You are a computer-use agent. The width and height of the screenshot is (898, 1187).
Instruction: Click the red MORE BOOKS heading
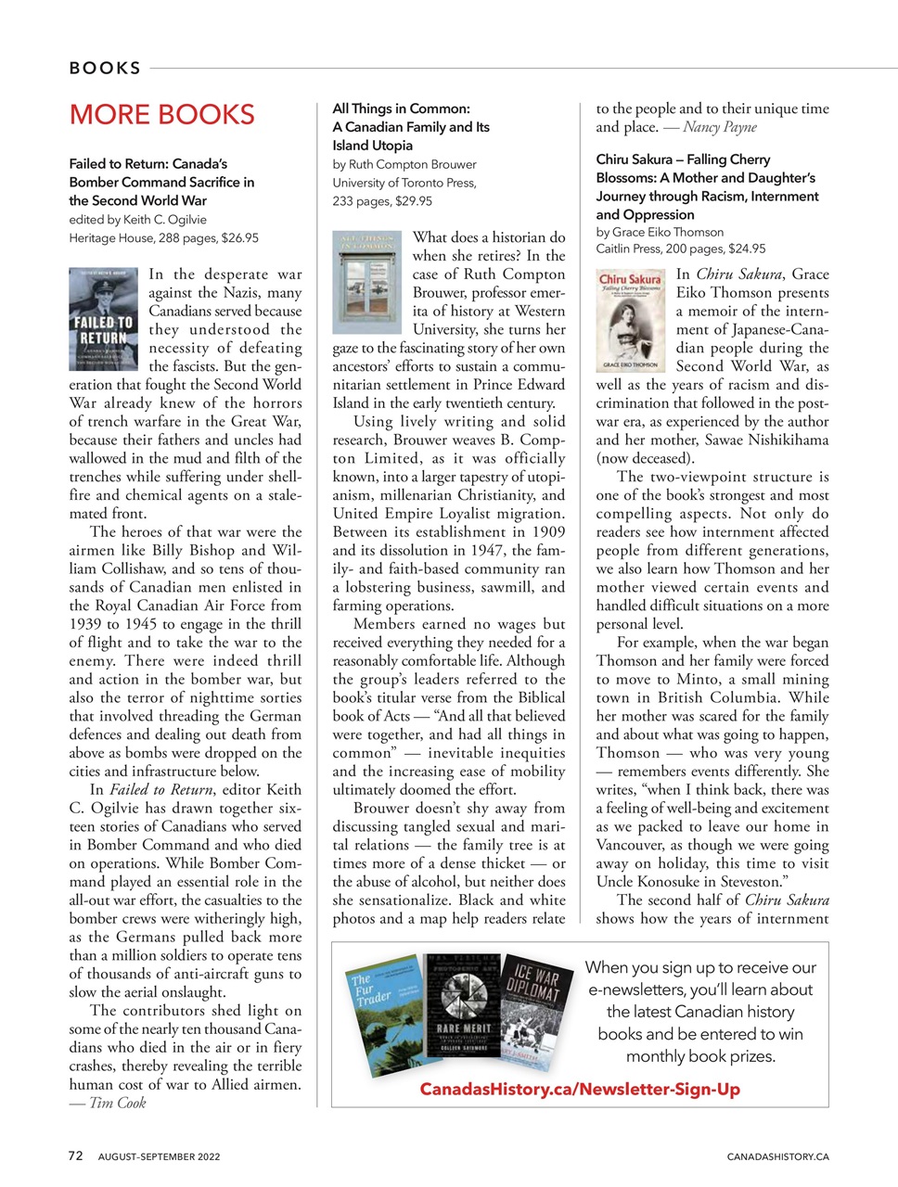[161, 115]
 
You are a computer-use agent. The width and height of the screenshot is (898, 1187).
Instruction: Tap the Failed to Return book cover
[104, 320]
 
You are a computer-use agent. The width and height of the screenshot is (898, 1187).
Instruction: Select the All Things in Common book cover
[366, 282]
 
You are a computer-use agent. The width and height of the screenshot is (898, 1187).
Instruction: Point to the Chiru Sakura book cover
[630, 320]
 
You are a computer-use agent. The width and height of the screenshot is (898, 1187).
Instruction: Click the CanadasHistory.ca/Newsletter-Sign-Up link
[580, 1090]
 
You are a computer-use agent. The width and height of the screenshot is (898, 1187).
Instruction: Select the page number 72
[76, 1156]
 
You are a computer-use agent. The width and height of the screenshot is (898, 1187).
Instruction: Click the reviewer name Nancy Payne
[720, 127]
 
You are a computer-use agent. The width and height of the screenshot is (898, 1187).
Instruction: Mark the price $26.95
[239, 238]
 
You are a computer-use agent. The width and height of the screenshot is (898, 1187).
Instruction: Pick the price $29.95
[414, 201]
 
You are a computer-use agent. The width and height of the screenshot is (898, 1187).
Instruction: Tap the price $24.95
[747, 249]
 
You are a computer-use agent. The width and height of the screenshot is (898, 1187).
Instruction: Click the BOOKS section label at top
[105, 68]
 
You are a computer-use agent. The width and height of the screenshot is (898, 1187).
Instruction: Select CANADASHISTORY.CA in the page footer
[777, 1157]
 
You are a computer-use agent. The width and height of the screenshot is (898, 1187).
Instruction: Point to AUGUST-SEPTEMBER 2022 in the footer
[160, 1157]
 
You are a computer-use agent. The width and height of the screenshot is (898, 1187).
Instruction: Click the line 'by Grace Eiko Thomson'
[660, 232]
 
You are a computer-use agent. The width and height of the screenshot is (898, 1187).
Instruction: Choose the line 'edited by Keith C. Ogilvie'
[137, 220]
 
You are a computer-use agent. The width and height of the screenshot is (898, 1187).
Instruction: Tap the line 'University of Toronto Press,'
[404, 183]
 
